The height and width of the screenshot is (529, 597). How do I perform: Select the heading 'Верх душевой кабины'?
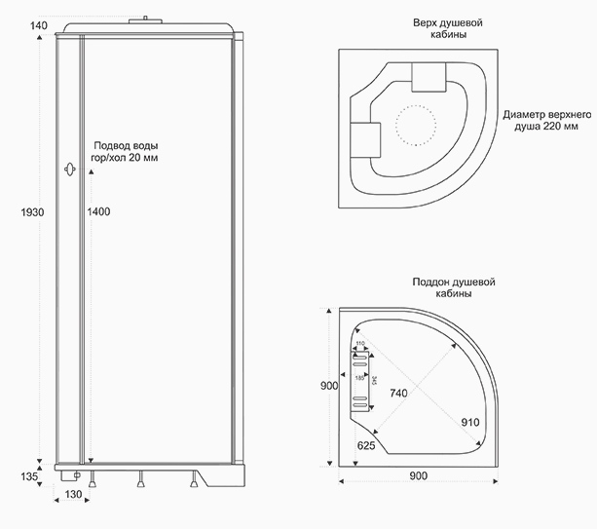(x=433, y=28)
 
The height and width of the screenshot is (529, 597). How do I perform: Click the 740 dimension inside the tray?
(x=399, y=393)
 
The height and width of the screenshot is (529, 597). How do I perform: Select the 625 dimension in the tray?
(x=366, y=444)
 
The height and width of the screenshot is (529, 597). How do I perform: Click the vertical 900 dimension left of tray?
(x=329, y=386)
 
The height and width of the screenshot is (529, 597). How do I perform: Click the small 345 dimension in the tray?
(x=374, y=378)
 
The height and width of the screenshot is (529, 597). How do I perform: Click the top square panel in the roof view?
(x=428, y=76)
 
